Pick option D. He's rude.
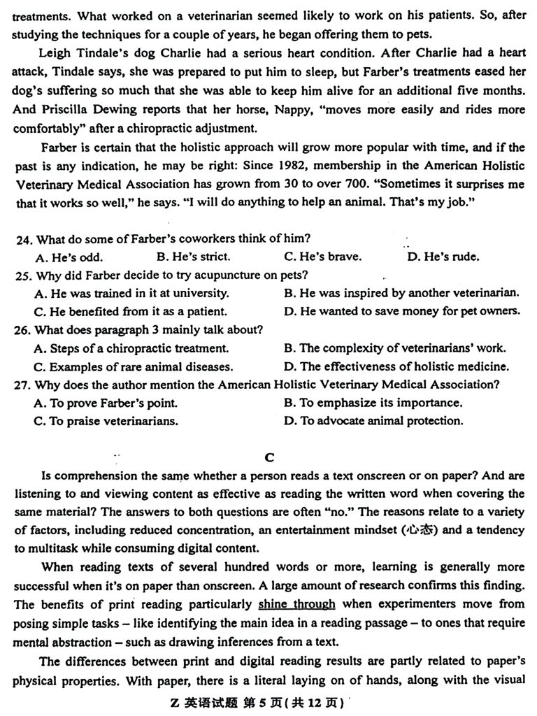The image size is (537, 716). pyautogui.click(x=443, y=257)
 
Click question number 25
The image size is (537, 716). pyautogui.click(x=24, y=275)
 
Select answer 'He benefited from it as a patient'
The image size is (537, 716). pyautogui.click(x=130, y=312)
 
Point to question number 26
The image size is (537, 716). pyautogui.click(x=24, y=330)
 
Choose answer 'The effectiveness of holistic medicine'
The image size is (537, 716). pyautogui.click(x=396, y=366)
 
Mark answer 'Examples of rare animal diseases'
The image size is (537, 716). pyautogui.click(x=133, y=366)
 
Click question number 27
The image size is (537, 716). pyautogui.click(x=24, y=385)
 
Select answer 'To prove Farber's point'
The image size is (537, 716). pyautogui.click(x=105, y=403)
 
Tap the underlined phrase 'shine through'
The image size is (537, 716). pyautogui.click(x=296, y=604)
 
